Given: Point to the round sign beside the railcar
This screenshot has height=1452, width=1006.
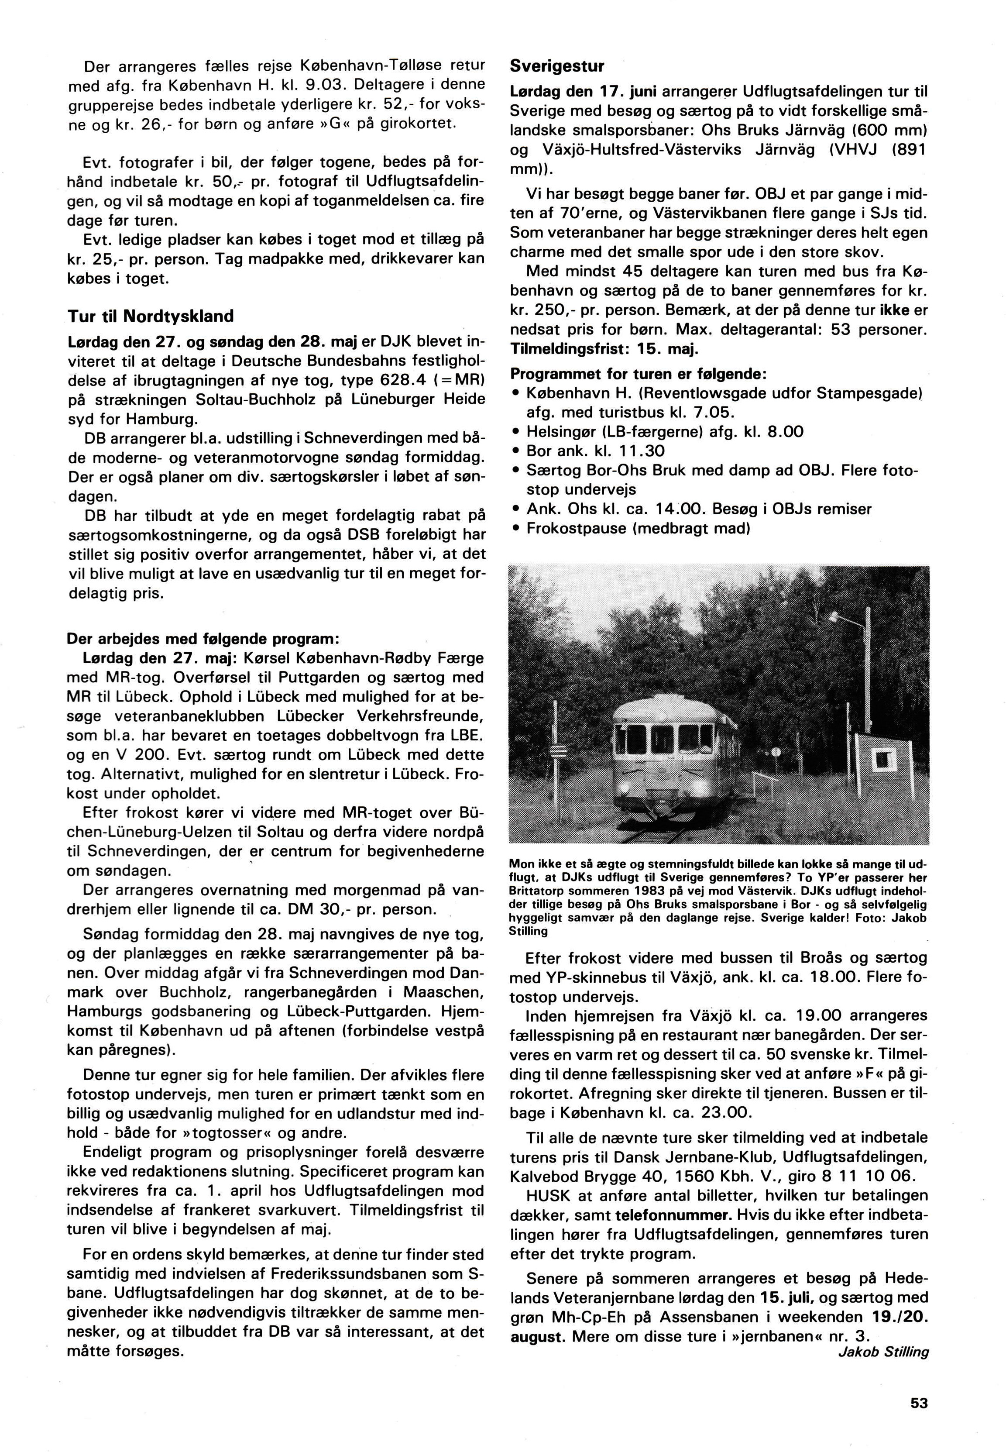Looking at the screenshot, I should click(775, 752).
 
